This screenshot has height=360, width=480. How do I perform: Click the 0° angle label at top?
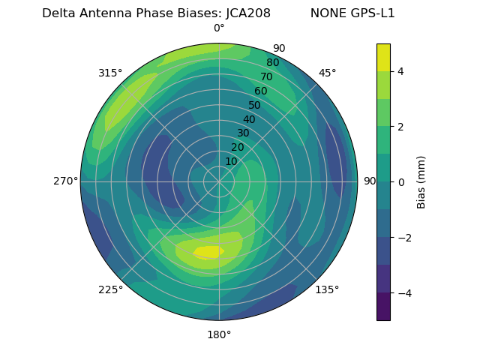click(219, 28)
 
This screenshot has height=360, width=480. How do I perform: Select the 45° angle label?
click(327, 73)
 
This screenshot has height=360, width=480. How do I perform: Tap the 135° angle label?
click(327, 289)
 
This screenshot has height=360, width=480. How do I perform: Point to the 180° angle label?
click(219, 334)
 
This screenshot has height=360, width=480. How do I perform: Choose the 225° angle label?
click(110, 289)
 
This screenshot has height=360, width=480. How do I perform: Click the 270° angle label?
click(65, 181)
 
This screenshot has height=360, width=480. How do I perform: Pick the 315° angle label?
click(110, 73)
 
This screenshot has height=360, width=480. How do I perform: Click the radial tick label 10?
click(231, 161)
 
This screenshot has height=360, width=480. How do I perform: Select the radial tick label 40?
click(249, 119)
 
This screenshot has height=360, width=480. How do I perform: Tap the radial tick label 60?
click(260, 91)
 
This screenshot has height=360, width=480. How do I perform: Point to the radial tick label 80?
click(272, 62)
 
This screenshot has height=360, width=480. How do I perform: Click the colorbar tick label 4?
click(401, 71)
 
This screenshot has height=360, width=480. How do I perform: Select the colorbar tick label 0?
click(401, 182)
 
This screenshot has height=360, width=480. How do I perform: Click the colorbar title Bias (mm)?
click(421, 182)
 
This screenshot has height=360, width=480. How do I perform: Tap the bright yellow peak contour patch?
click(208, 252)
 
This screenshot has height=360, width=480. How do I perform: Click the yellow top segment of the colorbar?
click(383, 57)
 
